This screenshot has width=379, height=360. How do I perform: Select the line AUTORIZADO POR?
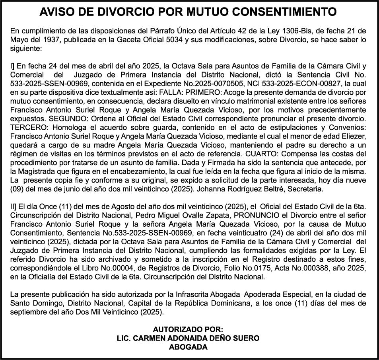(x=189, y=329)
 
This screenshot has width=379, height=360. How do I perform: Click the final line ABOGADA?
(x=189, y=347)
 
